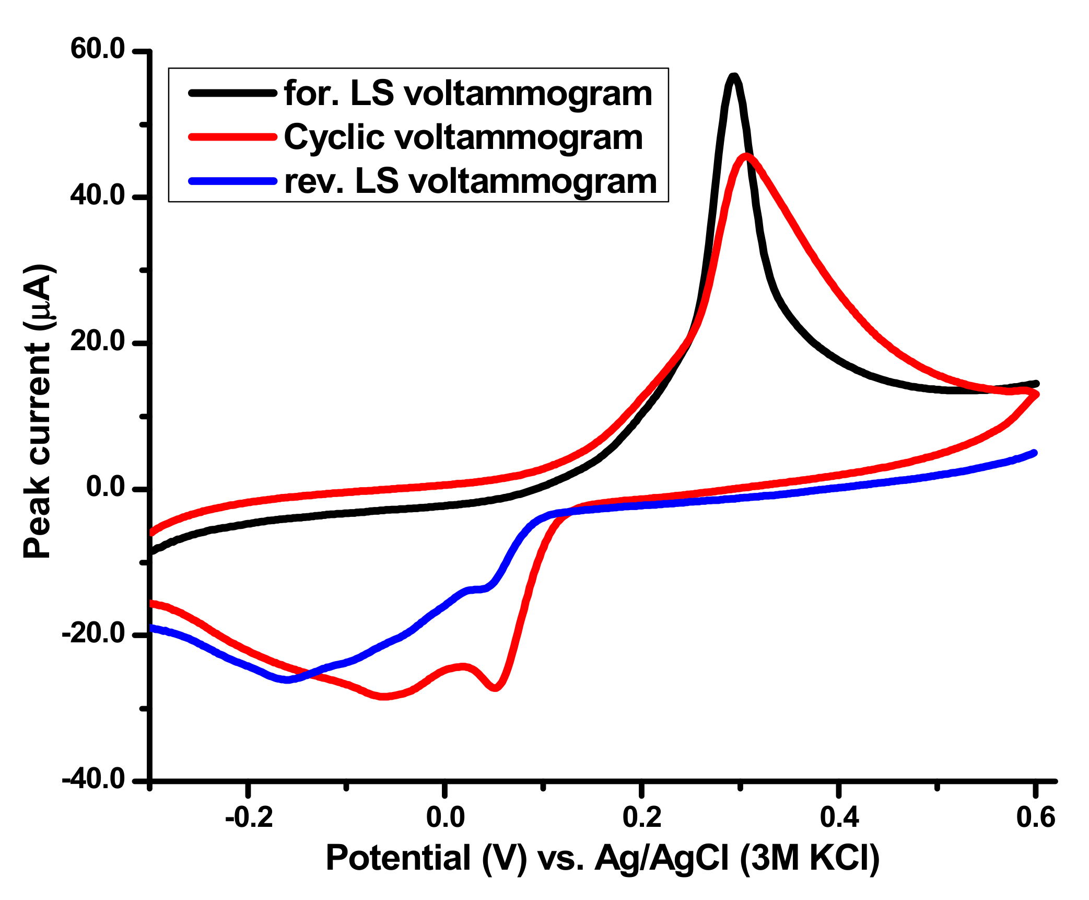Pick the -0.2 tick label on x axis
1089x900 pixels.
(x=249, y=817)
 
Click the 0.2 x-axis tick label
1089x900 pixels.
(x=642, y=817)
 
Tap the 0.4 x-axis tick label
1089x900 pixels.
(x=839, y=817)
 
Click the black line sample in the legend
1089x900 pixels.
(x=232, y=93)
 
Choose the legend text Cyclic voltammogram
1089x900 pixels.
(x=463, y=137)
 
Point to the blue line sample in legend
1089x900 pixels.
(x=232, y=181)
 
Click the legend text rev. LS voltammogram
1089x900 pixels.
(x=470, y=181)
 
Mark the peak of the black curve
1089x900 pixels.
(x=734, y=77)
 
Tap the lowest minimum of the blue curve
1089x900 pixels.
(x=287, y=680)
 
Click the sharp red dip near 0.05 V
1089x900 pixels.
(x=495, y=688)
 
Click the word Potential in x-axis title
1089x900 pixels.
(x=398, y=858)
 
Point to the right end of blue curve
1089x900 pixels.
(x=1034, y=453)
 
